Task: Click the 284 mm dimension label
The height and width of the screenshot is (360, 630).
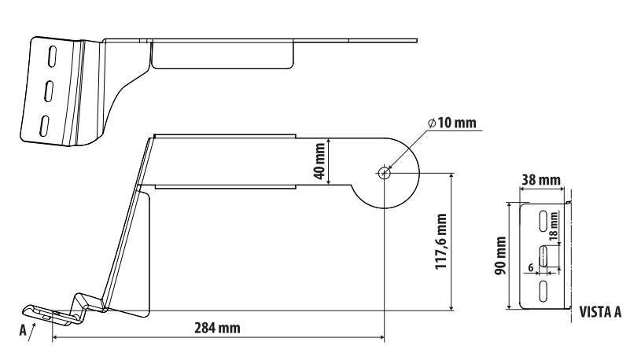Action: coord(217,328)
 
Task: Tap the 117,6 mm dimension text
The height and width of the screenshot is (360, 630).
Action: coord(441,241)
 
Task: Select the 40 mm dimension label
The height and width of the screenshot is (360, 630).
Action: coord(320,161)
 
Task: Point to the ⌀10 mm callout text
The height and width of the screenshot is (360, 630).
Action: coord(452,123)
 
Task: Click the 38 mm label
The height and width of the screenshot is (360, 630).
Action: coord(541,180)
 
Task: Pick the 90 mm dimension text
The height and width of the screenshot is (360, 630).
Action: coord(500,256)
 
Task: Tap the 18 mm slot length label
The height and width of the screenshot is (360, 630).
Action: coord(553,226)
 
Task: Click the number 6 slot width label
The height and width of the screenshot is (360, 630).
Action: coord(531,268)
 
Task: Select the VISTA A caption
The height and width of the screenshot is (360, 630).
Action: coord(600,312)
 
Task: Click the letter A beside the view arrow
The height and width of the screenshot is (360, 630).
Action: coord(23,330)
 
